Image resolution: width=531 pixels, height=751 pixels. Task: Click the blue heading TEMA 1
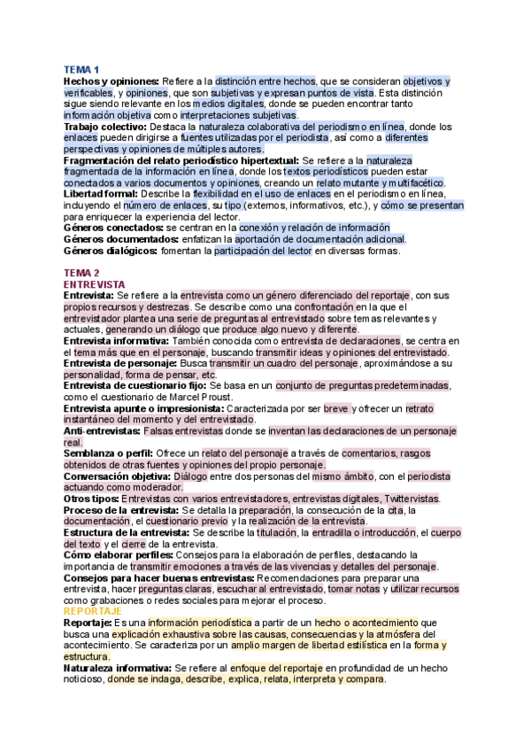[81, 70]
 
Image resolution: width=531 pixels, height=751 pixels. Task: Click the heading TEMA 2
[81, 272]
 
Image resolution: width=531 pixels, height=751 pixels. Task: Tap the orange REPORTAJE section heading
[92, 611]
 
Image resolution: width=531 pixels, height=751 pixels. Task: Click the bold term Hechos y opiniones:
[111, 81]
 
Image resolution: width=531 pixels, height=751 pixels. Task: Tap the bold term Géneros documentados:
[119, 239]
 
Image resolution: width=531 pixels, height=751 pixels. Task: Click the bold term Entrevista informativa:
[120, 340]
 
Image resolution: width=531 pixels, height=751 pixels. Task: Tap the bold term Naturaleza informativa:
[118, 668]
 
